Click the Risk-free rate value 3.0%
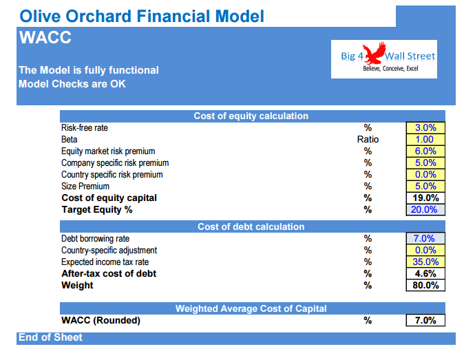pyautogui.click(x=425, y=127)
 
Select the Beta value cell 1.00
pyautogui.click(x=425, y=140)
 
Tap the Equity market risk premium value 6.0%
pyautogui.click(x=425, y=151)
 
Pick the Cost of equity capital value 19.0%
pyautogui.click(x=425, y=198)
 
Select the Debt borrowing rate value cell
pyautogui.click(x=425, y=238)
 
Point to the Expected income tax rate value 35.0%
pyautogui.click(x=425, y=262)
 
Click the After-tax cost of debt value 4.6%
pyautogui.click(x=425, y=274)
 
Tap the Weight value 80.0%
pyautogui.click(x=425, y=285)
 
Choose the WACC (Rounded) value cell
pyautogui.click(x=425, y=320)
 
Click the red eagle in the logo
pyautogui.click(x=374, y=53)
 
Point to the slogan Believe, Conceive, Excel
pyautogui.click(x=390, y=68)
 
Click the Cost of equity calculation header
pyautogui.click(x=251, y=116)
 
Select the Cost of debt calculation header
pyautogui.click(x=251, y=226)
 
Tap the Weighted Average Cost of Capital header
pyautogui.click(x=251, y=308)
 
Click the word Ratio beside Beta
pyautogui.click(x=368, y=140)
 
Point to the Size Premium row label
pyautogui.click(x=85, y=186)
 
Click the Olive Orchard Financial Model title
pyautogui.click(x=142, y=16)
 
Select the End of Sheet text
pyautogui.click(x=50, y=337)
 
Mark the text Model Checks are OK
pyautogui.click(x=72, y=84)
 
